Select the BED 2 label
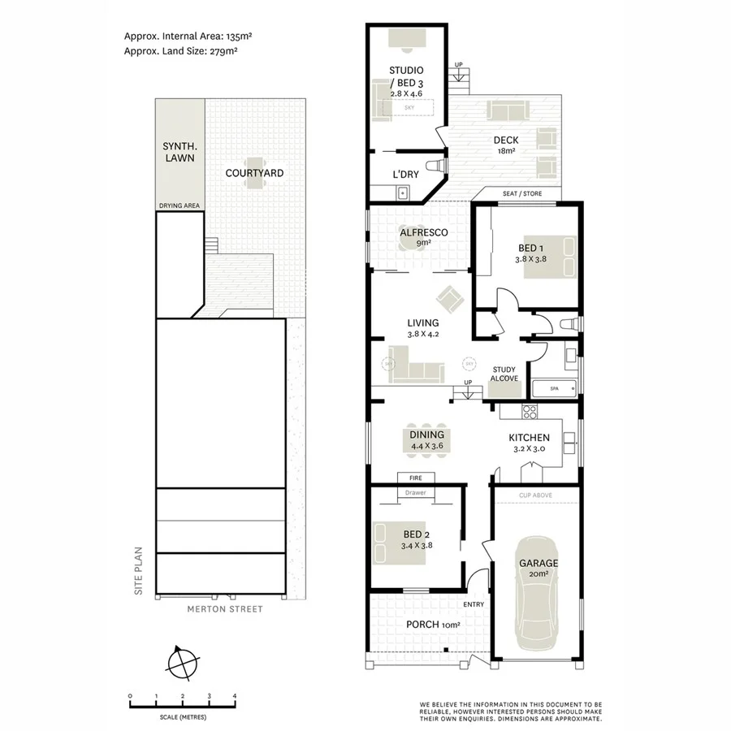416,534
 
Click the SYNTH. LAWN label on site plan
180,152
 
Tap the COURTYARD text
254,173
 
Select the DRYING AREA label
180,206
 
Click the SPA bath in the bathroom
555,389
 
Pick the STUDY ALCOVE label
504,374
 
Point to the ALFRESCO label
423,233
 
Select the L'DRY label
404,174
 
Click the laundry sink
401,192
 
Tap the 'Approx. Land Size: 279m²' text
180,50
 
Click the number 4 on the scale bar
235,696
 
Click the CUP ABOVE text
535,494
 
